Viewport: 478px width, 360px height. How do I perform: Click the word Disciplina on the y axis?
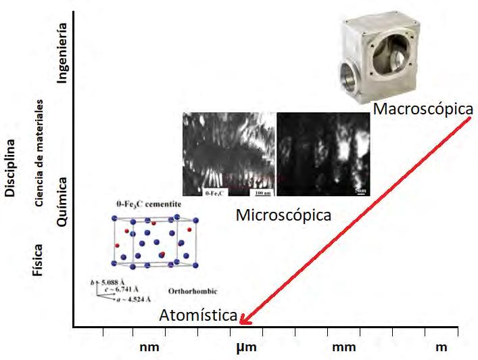tap(10, 169)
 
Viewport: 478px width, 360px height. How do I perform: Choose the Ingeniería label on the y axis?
tap(63, 53)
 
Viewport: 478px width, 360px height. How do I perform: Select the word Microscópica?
tap(284, 215)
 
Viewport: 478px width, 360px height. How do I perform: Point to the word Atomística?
tap(199, 315)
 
